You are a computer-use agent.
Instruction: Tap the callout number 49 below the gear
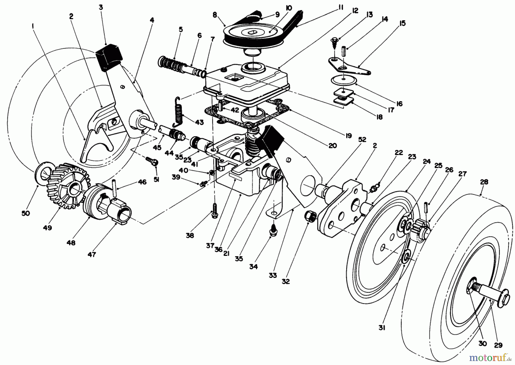click(x=48, y=228)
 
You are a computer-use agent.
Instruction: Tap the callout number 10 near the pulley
click(x=288, y=9)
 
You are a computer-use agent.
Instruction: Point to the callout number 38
click(x=190, y=236)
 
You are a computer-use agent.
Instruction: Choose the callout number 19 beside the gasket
click(x=348, y=136)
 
